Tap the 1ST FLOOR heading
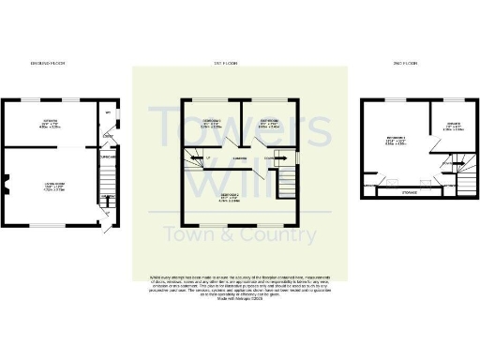tap(240, 63)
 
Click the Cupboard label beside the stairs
tap(105, 157)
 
